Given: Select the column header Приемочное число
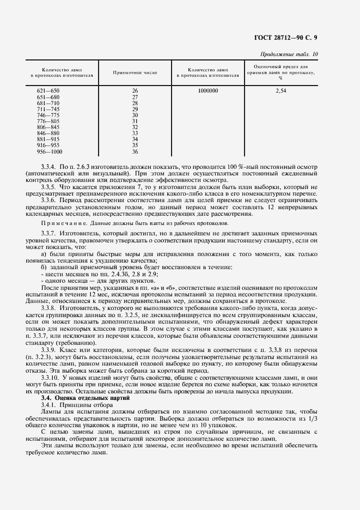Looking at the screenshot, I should click(135, 73).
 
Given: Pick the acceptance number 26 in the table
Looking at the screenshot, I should click(135, 90).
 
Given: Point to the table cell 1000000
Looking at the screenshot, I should click(208, 90).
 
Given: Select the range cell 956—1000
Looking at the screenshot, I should click(48, 151).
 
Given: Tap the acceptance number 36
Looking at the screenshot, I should click(135, 151).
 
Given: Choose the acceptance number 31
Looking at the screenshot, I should click(135, 121).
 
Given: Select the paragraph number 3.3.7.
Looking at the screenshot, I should click(49, 234).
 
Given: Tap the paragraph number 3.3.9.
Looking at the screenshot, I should click(49, 348).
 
